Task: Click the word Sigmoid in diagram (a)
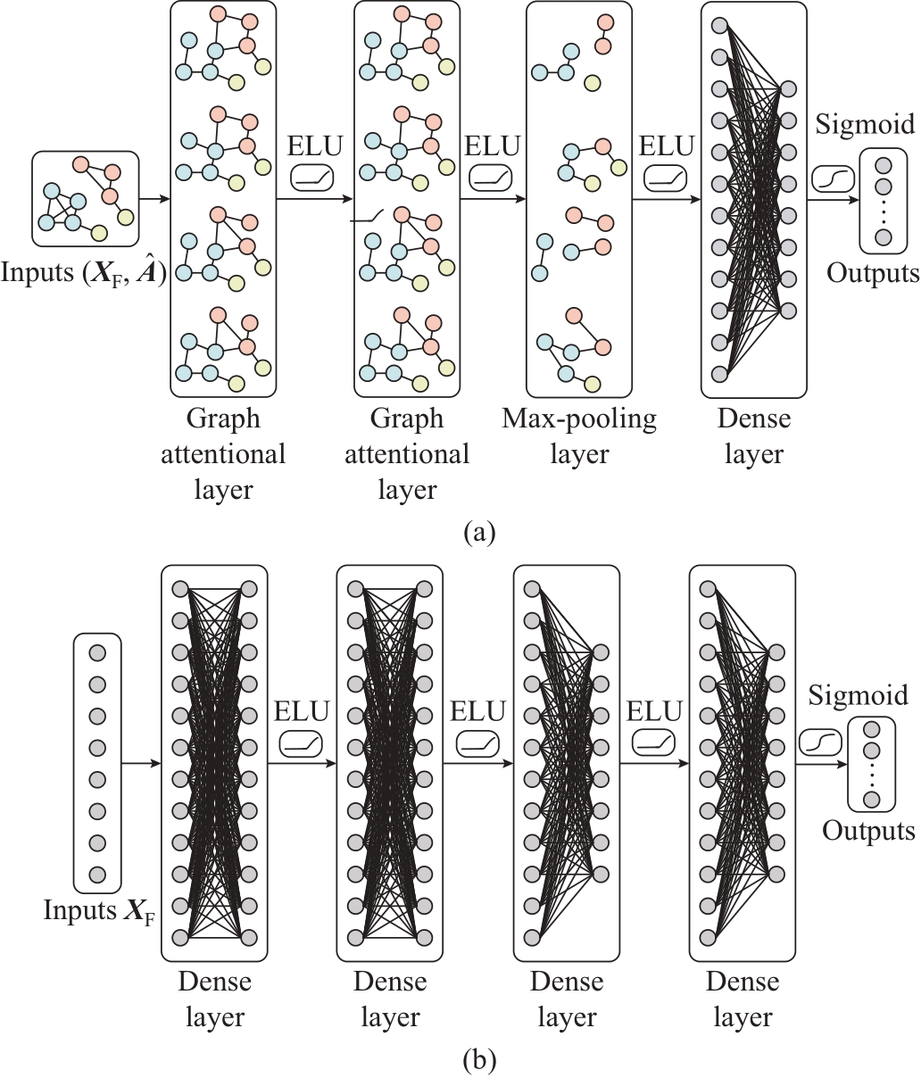click(x=865, y=125)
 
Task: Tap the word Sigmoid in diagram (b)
click(x=859, y=696)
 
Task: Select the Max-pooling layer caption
click(x=579, y=437)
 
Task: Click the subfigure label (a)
click(x=478, y=533)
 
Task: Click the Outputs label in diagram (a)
click(x=873, y=273)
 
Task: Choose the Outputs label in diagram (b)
click(x=869, y=831)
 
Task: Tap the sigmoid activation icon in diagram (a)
click(x=833, y=179)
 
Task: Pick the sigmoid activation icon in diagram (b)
click(x=820, y=742)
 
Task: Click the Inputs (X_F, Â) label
click(x=83, y=273)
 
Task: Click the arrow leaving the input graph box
click(x=155, y=199)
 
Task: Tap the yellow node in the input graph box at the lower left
click(x=99, y=233)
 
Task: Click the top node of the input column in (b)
click(x=97, y=653)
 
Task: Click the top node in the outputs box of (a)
click(x=884, y=166)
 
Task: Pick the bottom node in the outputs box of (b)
click(x=872, y=800)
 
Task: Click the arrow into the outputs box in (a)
click(x=833, y=200)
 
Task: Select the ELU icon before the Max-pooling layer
click(x=491, y=179)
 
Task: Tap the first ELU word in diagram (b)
click(x=302, y=711)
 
